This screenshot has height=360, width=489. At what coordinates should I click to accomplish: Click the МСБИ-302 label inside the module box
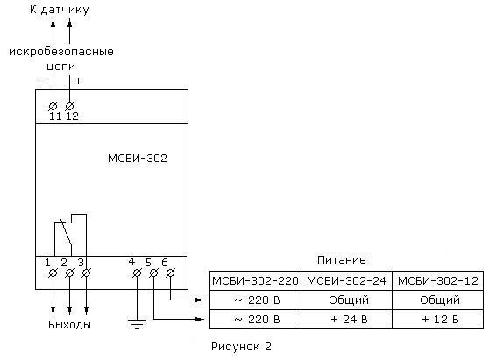[138, 159]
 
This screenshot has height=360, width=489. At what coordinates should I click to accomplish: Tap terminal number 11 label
[55, 116]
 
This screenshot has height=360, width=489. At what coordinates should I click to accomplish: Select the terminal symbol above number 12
[69, 106]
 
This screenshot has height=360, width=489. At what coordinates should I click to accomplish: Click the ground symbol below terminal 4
[137, 324]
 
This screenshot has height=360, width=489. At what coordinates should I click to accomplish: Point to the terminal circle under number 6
[170, 273]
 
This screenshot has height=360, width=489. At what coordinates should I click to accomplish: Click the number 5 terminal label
[148, 263]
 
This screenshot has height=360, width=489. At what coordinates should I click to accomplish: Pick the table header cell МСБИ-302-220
[255, 281]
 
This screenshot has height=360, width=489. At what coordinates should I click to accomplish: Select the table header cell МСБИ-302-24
[346, 281]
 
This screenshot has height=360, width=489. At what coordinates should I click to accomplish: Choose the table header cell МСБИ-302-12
[438, 281]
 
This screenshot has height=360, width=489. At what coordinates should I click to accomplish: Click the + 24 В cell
[346, 319]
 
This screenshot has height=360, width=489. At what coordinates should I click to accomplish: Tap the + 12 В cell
[438, 319]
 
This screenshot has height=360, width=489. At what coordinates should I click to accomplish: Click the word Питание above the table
[342, 260]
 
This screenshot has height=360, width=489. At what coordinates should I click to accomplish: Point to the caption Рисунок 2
[241, 347]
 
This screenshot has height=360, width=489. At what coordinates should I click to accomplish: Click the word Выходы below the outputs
[69, 325]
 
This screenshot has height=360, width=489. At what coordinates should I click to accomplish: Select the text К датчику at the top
[60, 10]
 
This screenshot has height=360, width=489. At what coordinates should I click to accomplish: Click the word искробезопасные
[61, 51]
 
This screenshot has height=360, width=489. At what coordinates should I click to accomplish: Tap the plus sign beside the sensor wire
[78, 81]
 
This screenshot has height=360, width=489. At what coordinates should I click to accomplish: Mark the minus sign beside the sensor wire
[45, 81]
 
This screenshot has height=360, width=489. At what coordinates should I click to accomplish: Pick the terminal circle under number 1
[53, 273]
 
